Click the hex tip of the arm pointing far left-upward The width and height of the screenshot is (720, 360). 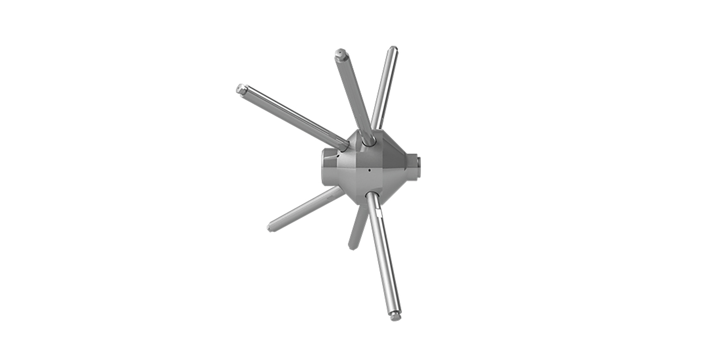coord(240,89)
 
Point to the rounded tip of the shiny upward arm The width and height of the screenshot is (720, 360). coord(393,49)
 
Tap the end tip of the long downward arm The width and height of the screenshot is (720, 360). coord(396,317)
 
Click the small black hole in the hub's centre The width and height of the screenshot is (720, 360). coord(370,170)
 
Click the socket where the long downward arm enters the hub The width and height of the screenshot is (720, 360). coord(371,196)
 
